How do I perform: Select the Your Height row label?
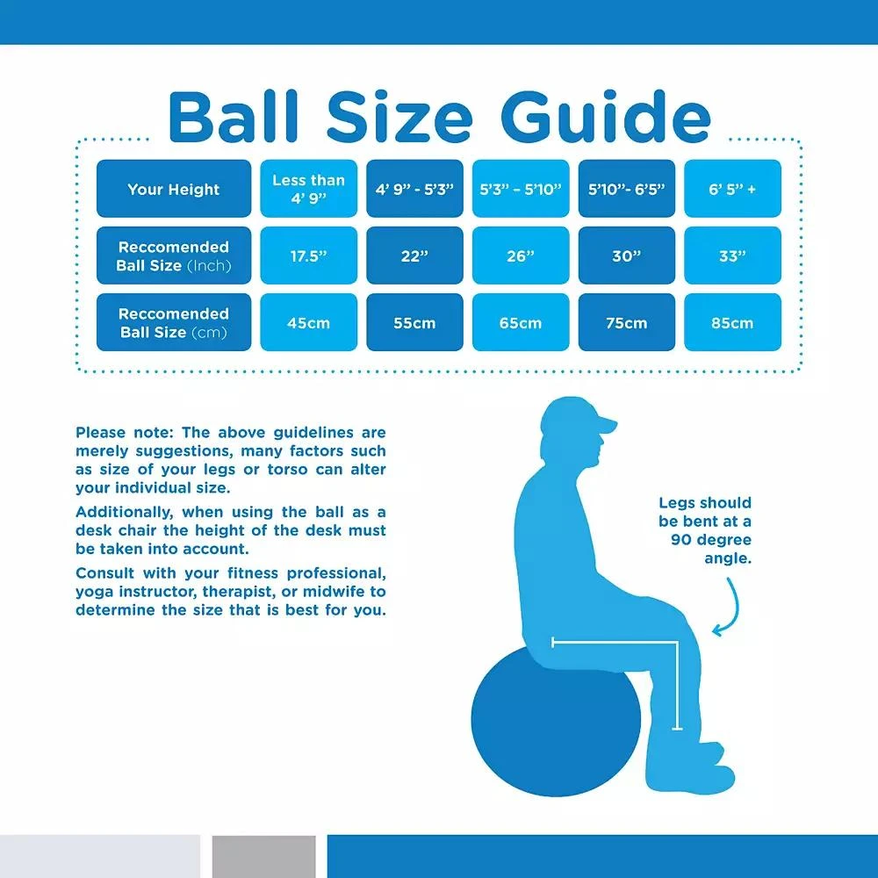pyautogui.click(x=174, y=189)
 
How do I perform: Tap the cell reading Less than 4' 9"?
pyautogui.click(x=308, y=189)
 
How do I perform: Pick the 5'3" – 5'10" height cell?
pyautogui.click(x=521, y=189)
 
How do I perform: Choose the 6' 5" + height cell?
pyautogui.click(x=732, y=189)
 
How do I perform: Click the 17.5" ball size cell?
pyautogui.click(x=308, y=256)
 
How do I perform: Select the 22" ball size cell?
pyautogui.click(x=414, y=256)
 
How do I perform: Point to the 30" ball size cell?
pyautogui.click(x=626, y=256)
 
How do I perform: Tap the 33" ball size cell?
pyautogui.click(x=732, y=256)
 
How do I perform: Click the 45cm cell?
pyautogui.click(x=308, y=323)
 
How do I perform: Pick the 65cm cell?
pyautogui.click(x=521, y=323)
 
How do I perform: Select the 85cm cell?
pyautogui.click(x=732, y=323)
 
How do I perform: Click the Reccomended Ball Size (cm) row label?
pyautogui.click(x=174, y=323)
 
